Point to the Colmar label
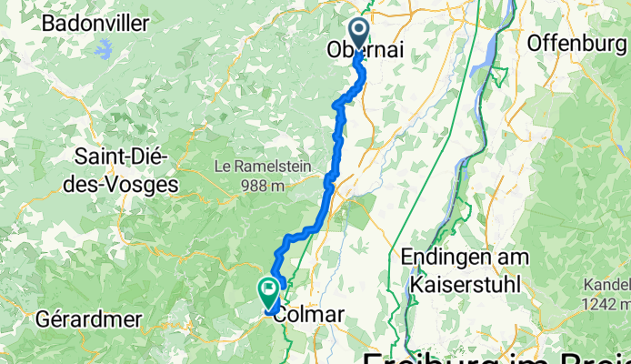coord(309,315)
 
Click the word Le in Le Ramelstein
coord(222,167)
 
